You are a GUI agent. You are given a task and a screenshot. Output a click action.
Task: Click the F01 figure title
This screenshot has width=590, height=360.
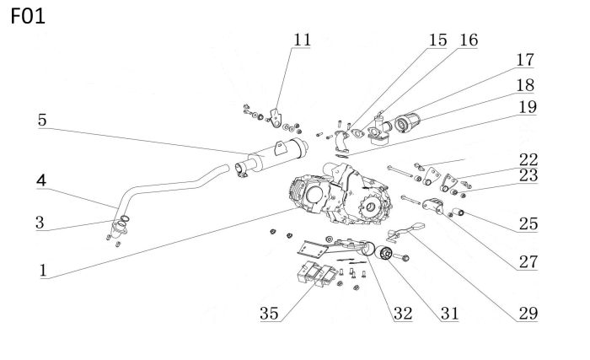pyautogui.click(x=28, y=16)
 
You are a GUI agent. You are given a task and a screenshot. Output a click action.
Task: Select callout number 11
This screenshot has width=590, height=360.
pyautogui.click(x=302, y=40)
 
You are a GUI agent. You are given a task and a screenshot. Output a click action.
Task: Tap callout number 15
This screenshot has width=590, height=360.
pyautogui.click(x=438, y=40)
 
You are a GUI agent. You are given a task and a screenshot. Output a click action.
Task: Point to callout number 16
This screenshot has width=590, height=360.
pyautogui.click(x=469, y=40)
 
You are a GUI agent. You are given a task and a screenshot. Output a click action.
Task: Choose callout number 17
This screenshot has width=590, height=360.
pyautogui.click(x=525, y=60)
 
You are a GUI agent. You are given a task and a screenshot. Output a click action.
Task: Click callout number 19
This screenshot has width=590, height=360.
pyautogui.click(x=528, y=107)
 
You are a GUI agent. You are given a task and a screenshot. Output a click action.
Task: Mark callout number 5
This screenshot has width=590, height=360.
pyautogui.click(x=42, y=120)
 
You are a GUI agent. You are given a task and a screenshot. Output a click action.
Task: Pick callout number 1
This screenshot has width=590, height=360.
pyautogui.click(x=43, y=271)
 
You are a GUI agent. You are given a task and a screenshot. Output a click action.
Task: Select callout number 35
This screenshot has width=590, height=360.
pyautogui.click(x=269, y=314)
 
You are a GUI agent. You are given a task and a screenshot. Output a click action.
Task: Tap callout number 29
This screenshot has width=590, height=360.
pyautogui.click(x=528, y=314)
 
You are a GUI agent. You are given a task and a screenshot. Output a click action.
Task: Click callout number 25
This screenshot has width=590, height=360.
pyautogui.click(x=528, y=223)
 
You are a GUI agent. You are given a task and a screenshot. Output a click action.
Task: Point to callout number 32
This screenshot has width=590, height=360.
pyautogui.click(x=403, y=314)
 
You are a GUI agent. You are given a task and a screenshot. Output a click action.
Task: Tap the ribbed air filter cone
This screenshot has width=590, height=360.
pyautogui.click(x=407, y=122)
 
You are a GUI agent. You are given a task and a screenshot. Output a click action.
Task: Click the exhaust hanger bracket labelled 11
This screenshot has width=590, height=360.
pyautogui.click(x=276, y=118)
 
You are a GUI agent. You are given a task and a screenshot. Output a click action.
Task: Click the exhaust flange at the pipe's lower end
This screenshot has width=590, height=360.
pyautogui.click(x=119, y=228)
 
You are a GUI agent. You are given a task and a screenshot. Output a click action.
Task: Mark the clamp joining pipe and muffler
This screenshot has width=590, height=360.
pyautogui.click(x=241, y=169)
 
